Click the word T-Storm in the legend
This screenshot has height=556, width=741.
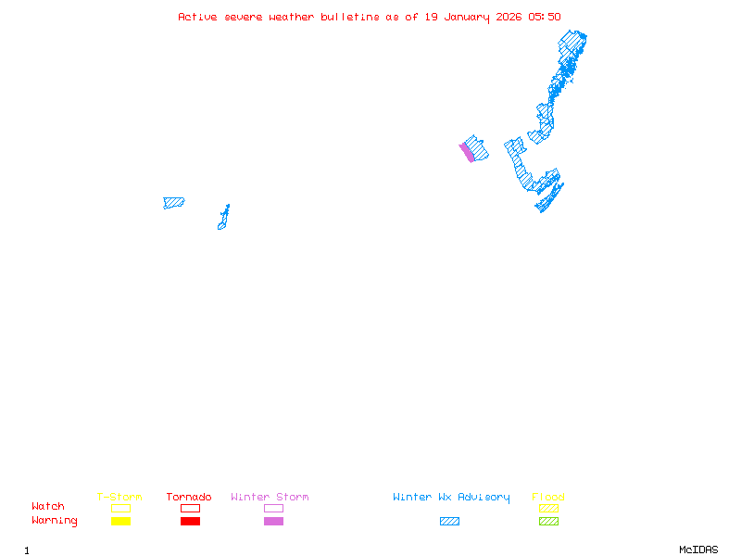[119, 498]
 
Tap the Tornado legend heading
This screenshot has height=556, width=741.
[189, 498]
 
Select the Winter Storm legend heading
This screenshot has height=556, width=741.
[270, 498]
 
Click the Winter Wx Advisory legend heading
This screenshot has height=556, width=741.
[451, 498]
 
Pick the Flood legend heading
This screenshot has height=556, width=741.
[548, 498]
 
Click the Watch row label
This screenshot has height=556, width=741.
[48, 507]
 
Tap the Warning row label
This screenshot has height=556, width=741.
[55, 521]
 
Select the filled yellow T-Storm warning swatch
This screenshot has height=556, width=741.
[120, 522]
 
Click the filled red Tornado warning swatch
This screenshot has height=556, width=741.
[190, 522]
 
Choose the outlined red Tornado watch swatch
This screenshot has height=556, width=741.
[190, 508]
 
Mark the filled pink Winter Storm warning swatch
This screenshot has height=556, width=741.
[273, 522]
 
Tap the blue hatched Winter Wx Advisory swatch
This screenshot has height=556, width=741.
[449, 522]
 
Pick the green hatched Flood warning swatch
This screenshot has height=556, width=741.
[548, 522]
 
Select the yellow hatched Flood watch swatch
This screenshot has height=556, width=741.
[548, 508]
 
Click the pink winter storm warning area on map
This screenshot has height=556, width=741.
[468, 153]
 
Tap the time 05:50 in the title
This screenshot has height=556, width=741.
[545, 17]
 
